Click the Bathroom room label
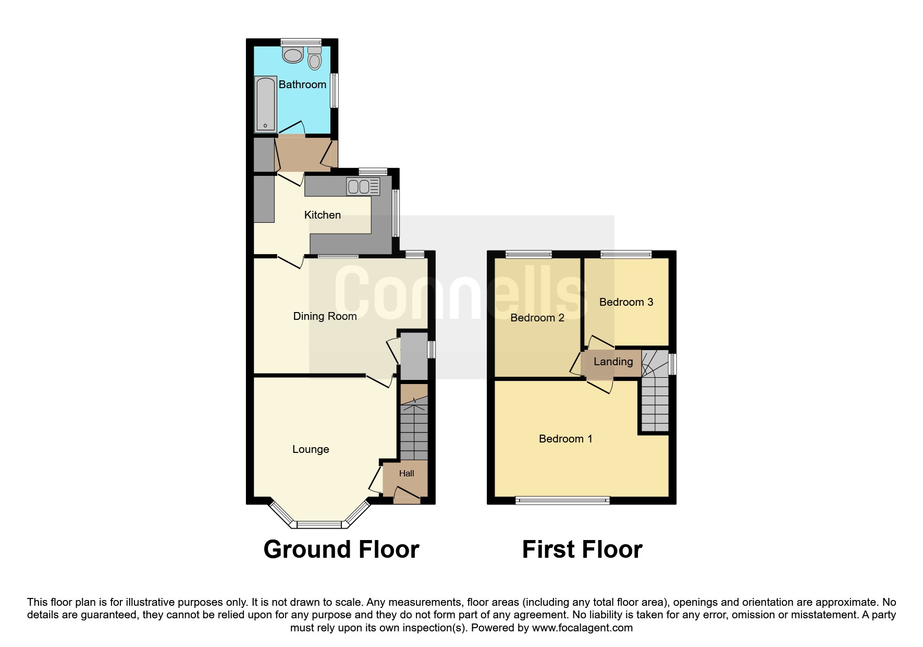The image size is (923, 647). pos(302,85)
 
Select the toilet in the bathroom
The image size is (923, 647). pos(314,58)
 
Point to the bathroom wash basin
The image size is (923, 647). pos(293,54)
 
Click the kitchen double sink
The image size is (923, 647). pos(363,186)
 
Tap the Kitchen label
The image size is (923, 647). pos(323,215)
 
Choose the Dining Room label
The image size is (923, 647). pos(325,316)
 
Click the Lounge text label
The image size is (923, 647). pos(311,449)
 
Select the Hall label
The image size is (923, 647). pos(407,473)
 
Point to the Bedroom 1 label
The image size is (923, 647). pos(565,439)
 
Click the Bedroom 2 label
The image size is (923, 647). pos(537,318)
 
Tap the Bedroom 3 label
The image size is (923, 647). pos(626,302)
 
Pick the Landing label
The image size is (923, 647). pos(613,362)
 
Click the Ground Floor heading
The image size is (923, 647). pos(341,549)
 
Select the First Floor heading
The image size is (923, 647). pos(582,549)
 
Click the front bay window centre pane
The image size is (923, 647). pos(319,524)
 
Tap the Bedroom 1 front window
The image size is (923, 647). pos(563,501)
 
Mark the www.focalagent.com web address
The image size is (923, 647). pos(582,628)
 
